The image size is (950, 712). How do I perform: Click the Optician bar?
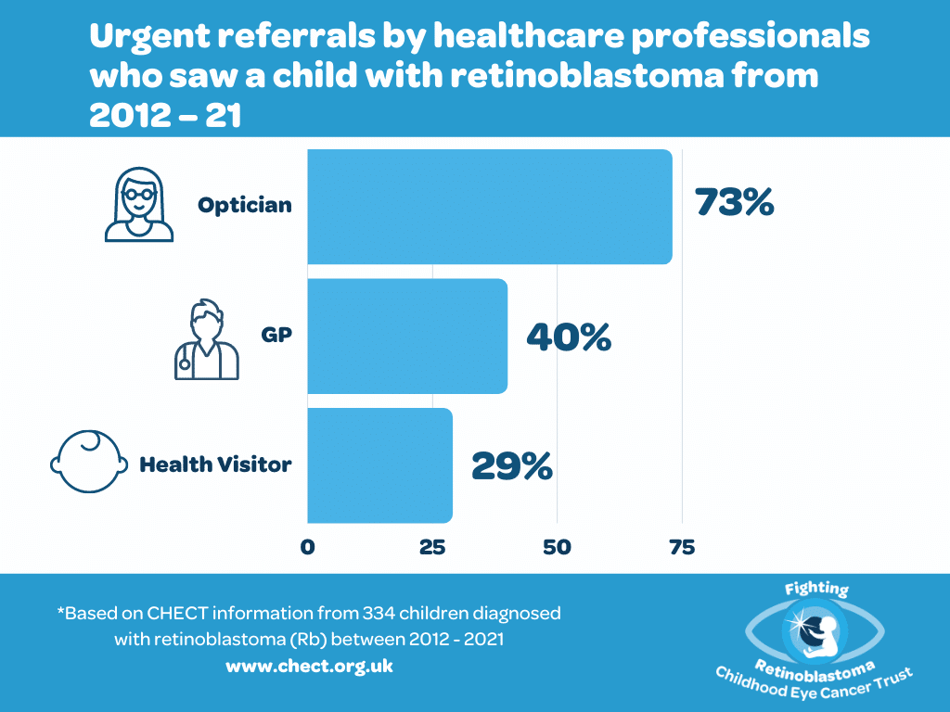click(x=489, y=206)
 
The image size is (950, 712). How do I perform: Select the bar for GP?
click(x=406, y=336)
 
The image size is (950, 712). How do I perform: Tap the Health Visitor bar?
click(x=379, y=465)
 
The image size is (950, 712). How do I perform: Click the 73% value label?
click(x=734, y=203)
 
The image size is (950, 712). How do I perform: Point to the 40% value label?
click(x=568, y=337)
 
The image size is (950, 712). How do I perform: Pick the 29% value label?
click(x=511, y=465)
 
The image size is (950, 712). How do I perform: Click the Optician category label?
click(x=244, y=205)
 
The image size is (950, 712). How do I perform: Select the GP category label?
click(x=276, y=335)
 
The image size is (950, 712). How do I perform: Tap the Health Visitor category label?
click(x=215, y=464)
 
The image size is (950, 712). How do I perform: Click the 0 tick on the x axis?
click(x=307, y=547)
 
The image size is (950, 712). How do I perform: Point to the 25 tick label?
click(x=432, y=547)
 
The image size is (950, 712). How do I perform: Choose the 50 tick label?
click(x=557, y=547)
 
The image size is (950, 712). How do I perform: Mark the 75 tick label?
click(x=682, y=547)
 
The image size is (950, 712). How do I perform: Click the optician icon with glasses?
click(x=137, y=205)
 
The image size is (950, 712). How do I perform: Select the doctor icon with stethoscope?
click(x=206, y=339)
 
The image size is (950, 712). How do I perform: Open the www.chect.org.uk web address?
click(x=309, y=667)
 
